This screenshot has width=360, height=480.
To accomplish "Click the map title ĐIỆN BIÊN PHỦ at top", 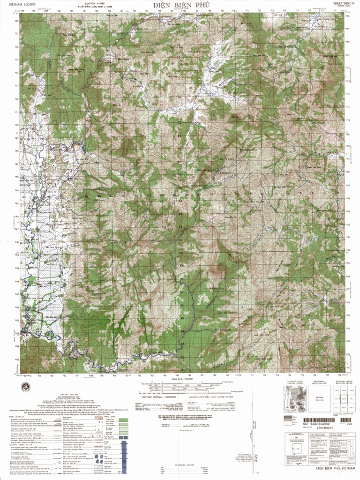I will [179, 5].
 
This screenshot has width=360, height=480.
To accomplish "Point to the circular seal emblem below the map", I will [25, 385].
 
